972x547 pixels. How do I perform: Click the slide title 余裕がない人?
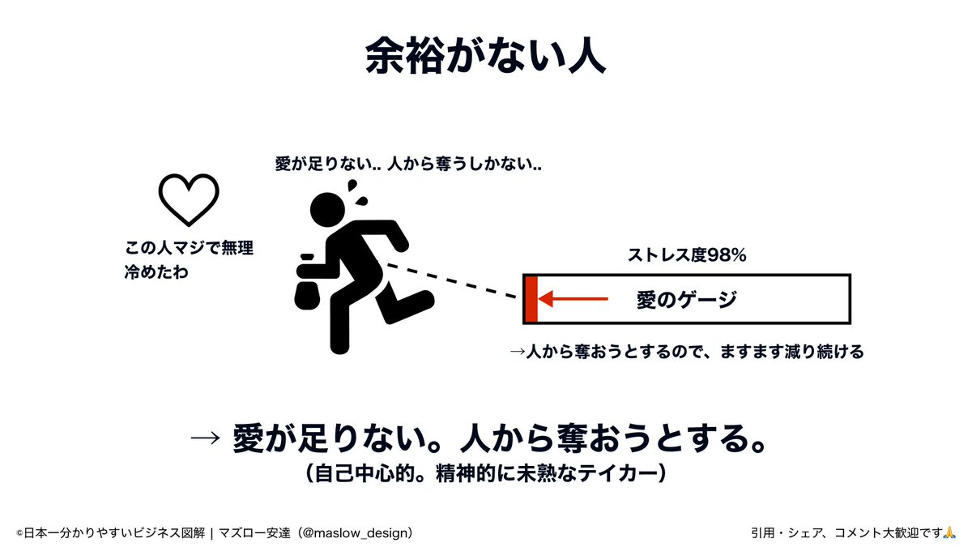point(485,56)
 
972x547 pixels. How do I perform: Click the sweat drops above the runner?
point(357,190)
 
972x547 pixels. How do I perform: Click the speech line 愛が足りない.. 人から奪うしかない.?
point(409,165)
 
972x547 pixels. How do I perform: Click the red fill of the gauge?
point(531,299)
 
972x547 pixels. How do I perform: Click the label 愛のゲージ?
point(686,300)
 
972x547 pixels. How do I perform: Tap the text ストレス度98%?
point(687,255)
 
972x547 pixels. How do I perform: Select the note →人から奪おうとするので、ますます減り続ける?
point(686,352)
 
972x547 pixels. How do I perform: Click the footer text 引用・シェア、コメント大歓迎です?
point(846,532)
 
